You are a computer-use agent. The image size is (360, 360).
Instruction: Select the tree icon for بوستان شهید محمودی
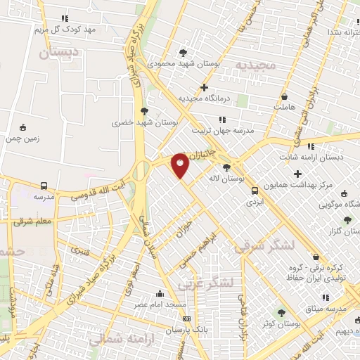184,52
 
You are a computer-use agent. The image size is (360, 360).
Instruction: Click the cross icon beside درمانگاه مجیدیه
204,88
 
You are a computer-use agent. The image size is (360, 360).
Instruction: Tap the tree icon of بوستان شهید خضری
144,110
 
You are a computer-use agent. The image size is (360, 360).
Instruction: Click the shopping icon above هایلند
284,96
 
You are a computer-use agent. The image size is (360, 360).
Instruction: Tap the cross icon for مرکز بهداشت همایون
297,174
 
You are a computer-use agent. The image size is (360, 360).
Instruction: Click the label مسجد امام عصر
161,305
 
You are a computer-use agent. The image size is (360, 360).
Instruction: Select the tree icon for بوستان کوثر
282,312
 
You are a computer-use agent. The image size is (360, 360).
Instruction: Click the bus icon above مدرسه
44,186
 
